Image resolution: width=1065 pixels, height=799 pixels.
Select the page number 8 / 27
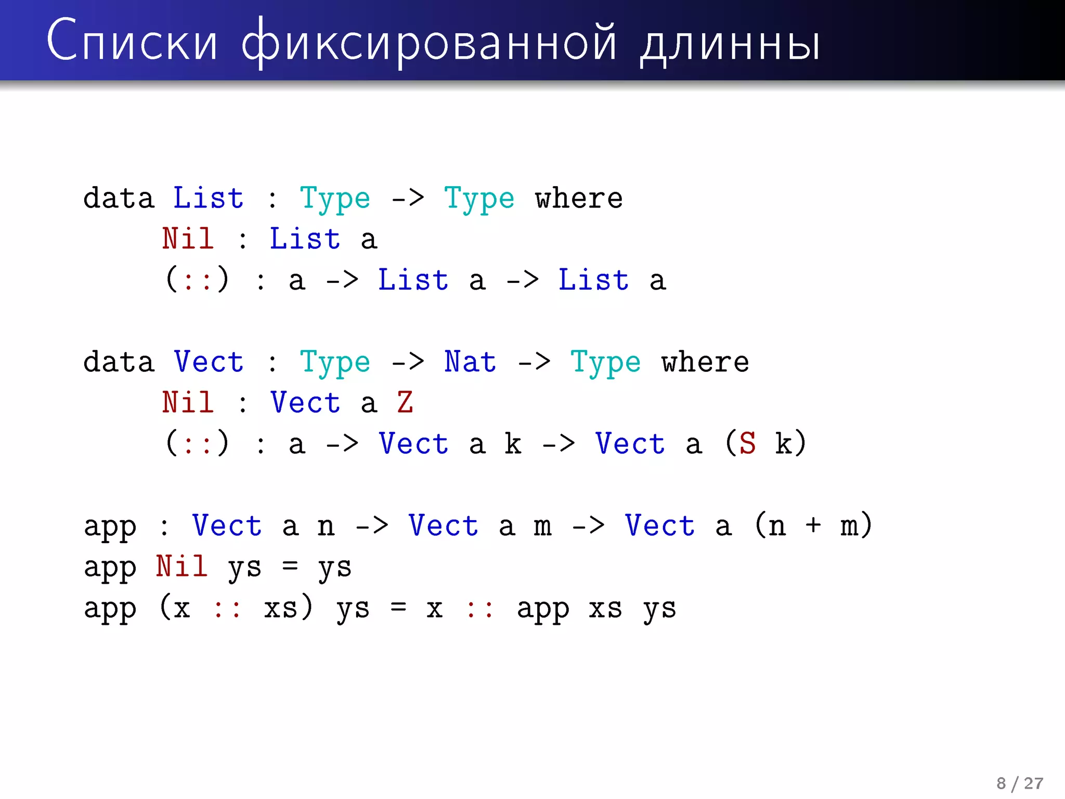point(1019,783)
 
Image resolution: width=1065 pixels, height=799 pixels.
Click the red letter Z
point(405,402)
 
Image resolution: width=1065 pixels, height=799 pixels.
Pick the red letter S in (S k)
point(747,443)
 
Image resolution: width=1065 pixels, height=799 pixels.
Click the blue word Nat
point(470,362)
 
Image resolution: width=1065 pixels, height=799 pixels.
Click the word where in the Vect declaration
point(705,362)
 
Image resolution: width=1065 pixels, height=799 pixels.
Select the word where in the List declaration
point(578,198)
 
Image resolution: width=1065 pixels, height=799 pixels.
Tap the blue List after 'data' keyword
point(208,198)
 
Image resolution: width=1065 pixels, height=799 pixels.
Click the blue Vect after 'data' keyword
point(208,362)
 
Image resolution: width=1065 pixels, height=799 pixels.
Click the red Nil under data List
point(188,239)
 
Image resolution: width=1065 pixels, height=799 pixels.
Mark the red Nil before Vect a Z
point(188,402)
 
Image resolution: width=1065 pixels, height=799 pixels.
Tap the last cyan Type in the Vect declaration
point(605,363)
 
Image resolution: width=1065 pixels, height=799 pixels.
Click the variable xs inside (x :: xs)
point(281,608)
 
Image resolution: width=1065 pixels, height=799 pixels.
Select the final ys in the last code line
point(659,609)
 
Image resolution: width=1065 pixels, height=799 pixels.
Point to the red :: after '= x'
point(479,609)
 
